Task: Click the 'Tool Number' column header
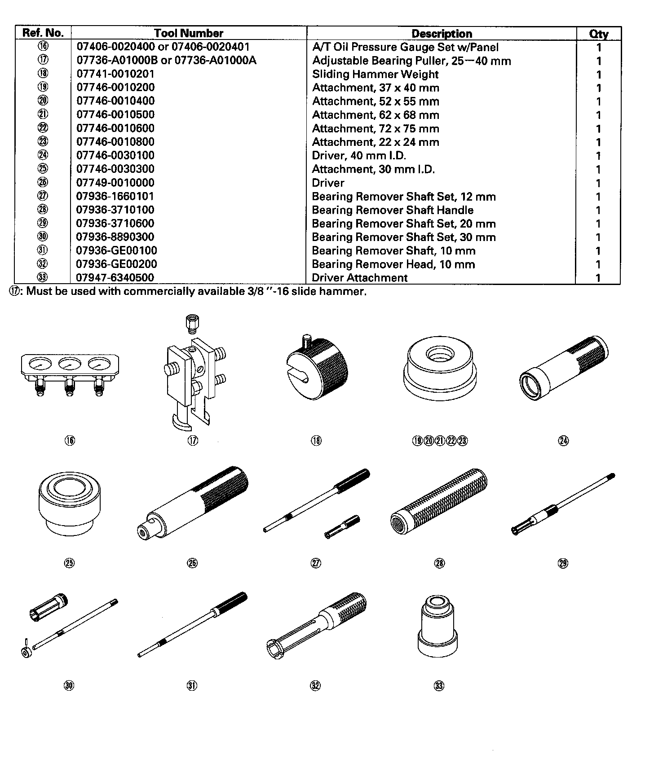[188, 33]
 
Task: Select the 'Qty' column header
[598, 34]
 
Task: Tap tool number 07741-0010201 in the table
[115, 74]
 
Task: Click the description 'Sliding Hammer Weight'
[375, 75]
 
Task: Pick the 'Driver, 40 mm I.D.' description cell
[359, 156]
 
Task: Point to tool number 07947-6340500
[115, 278]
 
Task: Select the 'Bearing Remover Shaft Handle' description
[393, 210]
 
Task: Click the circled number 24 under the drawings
[563, 441]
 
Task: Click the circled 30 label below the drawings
[69, 685]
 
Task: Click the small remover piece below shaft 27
[342, 527]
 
